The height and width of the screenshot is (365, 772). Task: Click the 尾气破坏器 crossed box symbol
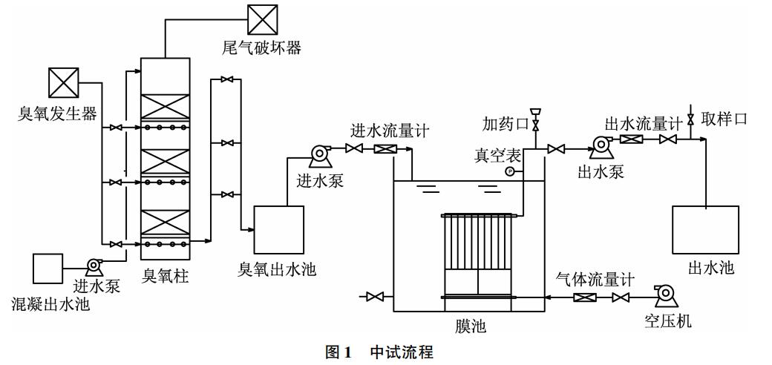262,19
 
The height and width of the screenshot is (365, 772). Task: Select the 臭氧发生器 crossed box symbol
63,82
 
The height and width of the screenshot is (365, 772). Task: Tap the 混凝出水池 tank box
48,268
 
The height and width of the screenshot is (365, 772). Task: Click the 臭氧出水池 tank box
278,229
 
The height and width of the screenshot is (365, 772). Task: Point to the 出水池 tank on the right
704,229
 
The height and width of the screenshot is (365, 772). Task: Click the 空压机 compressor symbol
665,295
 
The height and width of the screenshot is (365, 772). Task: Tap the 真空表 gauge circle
510,171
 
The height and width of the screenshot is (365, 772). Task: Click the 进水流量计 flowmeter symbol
385,150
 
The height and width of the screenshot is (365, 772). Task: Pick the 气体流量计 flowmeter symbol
584,298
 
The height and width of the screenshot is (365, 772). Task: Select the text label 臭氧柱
166,277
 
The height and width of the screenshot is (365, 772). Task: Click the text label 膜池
471,325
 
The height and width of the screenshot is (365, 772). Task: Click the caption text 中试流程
402,352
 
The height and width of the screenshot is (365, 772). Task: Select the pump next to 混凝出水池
94,265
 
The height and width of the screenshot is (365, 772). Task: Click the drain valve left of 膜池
375,297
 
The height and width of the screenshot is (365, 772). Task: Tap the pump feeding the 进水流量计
319,154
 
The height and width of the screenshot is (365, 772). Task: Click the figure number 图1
338,352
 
